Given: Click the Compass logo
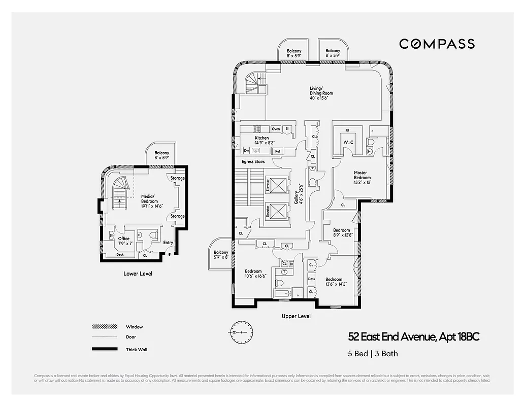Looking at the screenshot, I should coord(437,44).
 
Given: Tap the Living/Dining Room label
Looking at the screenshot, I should coord(321,94).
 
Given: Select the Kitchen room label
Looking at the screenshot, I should coord(262,141).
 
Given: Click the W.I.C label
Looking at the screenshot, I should coord(348,142).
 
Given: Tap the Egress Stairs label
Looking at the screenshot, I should coord(253,162).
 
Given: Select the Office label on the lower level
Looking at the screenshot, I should coord(124,241).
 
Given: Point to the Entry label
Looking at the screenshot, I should coord(168,243).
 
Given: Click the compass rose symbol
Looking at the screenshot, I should coord(238,331).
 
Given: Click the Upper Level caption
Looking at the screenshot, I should coord(297,316).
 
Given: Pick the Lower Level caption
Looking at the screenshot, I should coord(138,274).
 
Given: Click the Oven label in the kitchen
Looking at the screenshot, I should coord(276,129).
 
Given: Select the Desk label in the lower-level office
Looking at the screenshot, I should coord(120,254).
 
